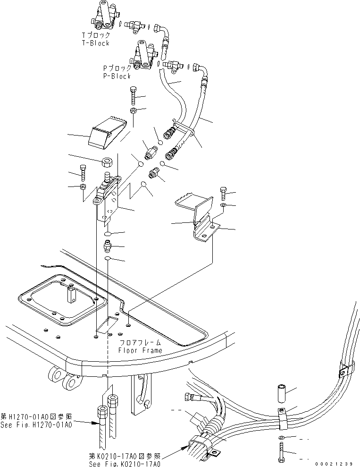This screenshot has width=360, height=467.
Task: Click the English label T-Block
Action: (95, 43)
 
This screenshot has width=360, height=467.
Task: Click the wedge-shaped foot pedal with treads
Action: (107, 132)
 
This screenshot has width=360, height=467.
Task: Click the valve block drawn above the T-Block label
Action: (103, 17)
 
